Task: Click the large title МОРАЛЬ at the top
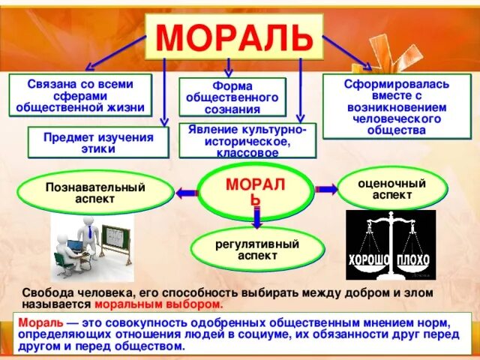click(x=235, y=36)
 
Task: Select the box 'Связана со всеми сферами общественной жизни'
click(x=80, y=96)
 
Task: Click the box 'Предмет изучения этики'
click(x=97, y=142)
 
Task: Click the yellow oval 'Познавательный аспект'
click(x=94, y=193)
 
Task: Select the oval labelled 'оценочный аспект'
click(x=391, y=189)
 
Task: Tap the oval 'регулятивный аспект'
click(x=257, y=250)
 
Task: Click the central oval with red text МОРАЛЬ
click(x=256, y=191)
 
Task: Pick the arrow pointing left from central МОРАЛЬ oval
click(x=187, y=193)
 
